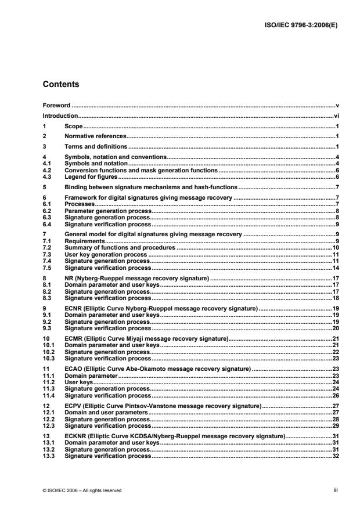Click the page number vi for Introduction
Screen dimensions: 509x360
[337, 116]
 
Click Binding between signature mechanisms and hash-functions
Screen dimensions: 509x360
[151, 187]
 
